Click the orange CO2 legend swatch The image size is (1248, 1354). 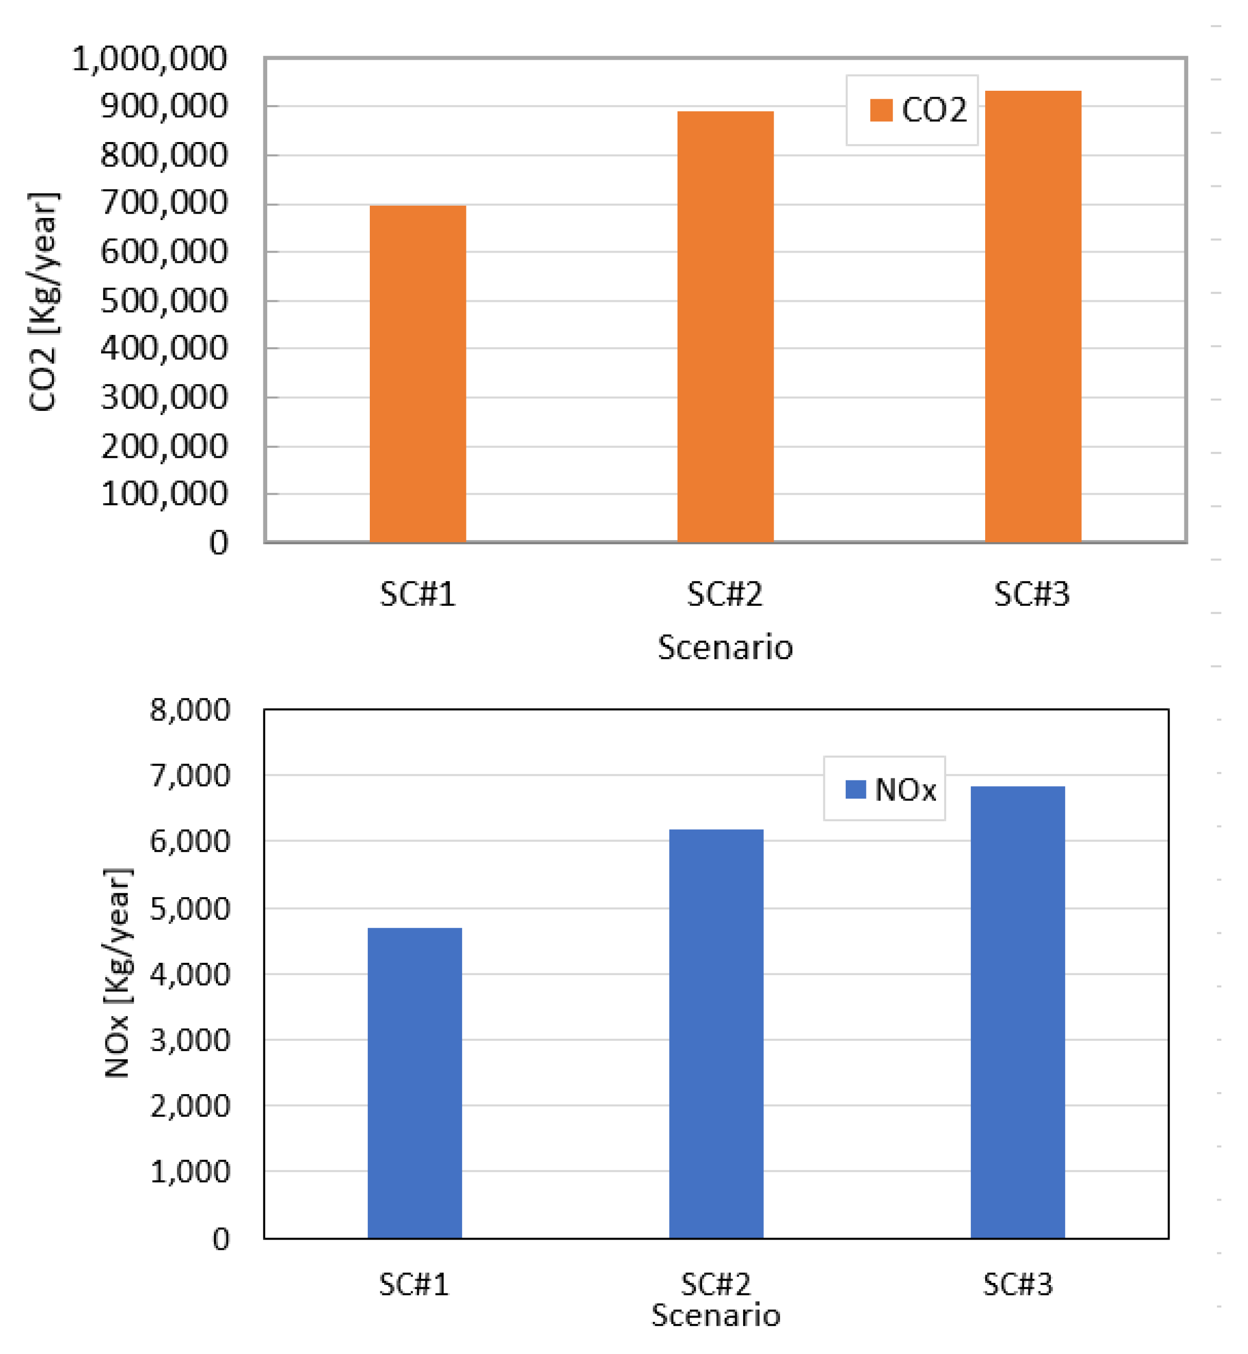pyautogui.click(x=881, y=110)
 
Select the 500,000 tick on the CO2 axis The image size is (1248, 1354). pyautogui.click(x=164, y=301)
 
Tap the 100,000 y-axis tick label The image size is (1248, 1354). pyautogui.click(x=164, y=494)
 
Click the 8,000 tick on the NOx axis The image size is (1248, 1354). pyautogui.click(x=190, y=710)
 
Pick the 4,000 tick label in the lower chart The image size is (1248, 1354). pyautogui.click(x=190, y=974)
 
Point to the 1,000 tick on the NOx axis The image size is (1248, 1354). pyautogui.click(x=190, y=1171)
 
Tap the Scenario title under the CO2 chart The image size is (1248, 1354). pyautogui.click(x=725, y=647)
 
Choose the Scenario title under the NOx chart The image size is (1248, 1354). pyautogui.click(x=716, y=1316)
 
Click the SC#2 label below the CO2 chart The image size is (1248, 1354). pyautogui.click(x=725, y=594)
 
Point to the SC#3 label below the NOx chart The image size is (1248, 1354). pyautogui.click(x=1018, y=1284)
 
